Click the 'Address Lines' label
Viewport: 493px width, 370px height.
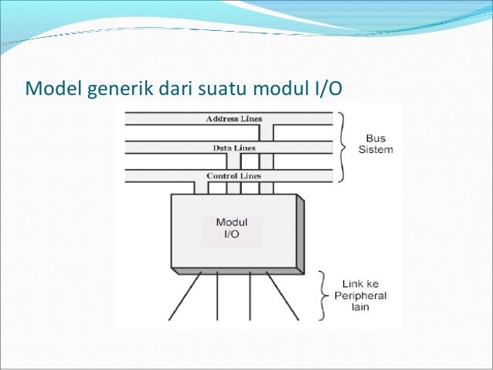click(x=233, y=119)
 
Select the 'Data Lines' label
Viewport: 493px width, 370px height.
click(x=233, y=148)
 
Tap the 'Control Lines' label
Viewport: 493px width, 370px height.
click(x=233, y=176)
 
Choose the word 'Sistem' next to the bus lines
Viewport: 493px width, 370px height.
click(x=376, y=149)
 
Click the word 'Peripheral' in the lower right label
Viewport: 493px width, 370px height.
click(x=360, y=295)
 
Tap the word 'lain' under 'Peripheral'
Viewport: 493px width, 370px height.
click(x=360, y=307)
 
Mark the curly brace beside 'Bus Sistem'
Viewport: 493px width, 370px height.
click(x=342, y=144)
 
